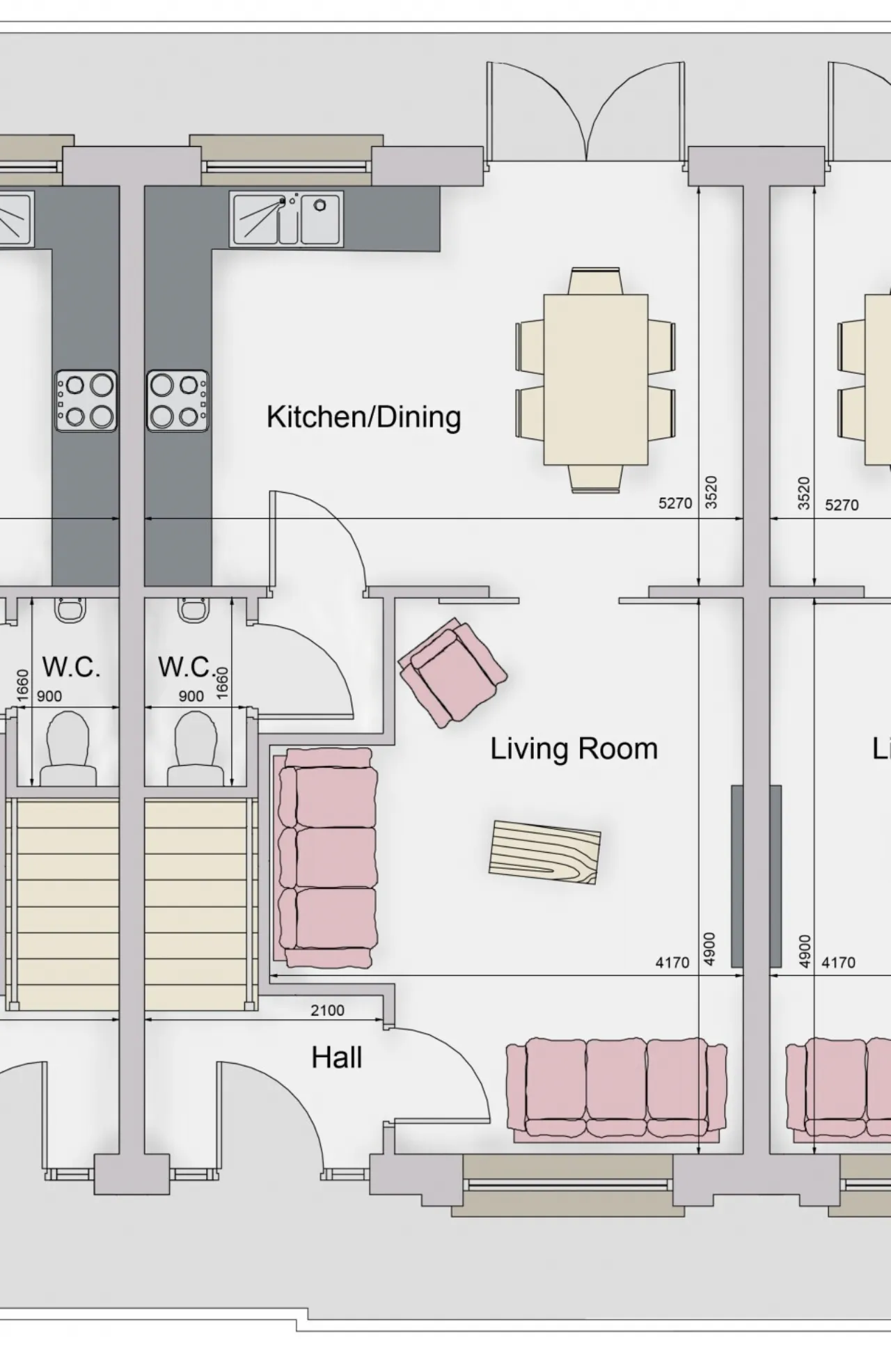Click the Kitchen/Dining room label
pos(363,417)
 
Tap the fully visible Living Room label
pos(574,749)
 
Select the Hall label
pos(337,1057)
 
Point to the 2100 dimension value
pos(327,1010)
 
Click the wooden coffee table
pos(544,852)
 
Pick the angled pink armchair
pos(452,672)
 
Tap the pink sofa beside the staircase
pos(327,858)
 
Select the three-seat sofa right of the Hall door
pos(617,1089)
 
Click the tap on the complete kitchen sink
pos(283,201)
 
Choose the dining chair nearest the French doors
pos(594,281)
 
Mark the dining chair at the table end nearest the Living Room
pos(596,478)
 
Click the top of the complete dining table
pos(596,379)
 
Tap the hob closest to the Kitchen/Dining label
pos(178,400)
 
